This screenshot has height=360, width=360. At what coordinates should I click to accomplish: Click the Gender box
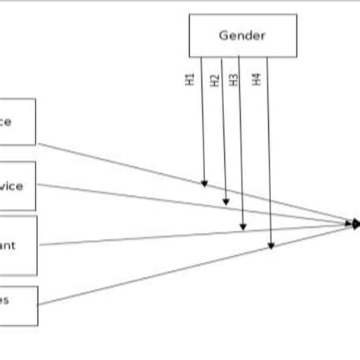(x=242, y=36)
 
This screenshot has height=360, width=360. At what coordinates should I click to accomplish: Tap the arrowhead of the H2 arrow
(x=226, y=201)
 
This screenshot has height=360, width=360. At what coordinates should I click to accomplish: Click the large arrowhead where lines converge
(x=354, y=223)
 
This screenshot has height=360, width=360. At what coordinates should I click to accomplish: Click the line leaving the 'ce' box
(x=114, y=162)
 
